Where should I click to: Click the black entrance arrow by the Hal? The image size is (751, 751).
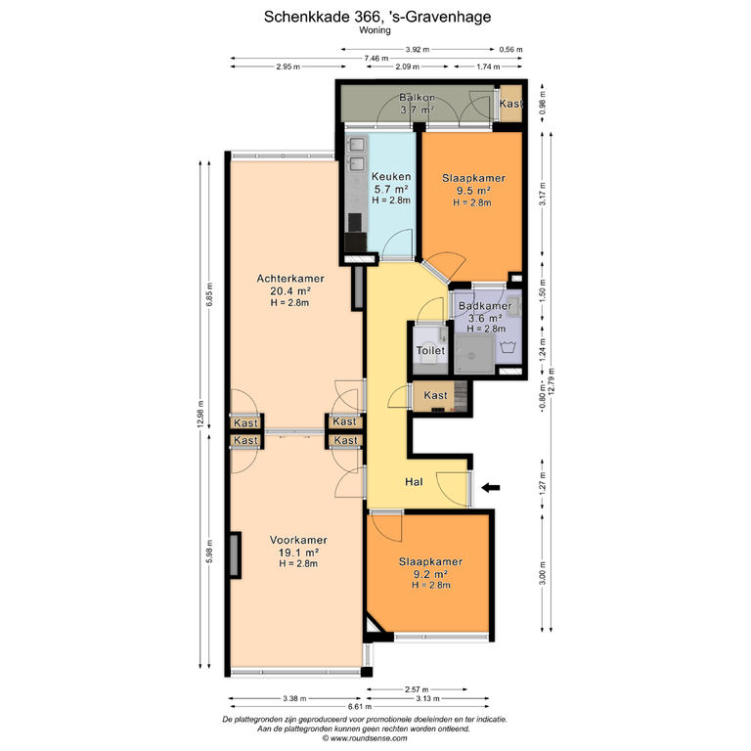491,488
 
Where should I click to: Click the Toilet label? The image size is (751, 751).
430,351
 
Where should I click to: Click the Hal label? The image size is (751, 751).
414,482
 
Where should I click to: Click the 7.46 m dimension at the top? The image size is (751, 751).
375,59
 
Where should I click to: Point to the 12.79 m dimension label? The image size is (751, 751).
552,380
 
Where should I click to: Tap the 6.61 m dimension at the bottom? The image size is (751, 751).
360,706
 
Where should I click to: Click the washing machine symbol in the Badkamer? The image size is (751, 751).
508,347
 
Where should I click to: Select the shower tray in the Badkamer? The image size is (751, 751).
474,354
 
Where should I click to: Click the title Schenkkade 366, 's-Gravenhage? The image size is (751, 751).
377,17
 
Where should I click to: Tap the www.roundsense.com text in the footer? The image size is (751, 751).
369,738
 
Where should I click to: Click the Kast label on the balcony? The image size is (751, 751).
511,104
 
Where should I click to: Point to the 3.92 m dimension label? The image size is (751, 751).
418,49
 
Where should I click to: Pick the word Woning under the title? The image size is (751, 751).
375,30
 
